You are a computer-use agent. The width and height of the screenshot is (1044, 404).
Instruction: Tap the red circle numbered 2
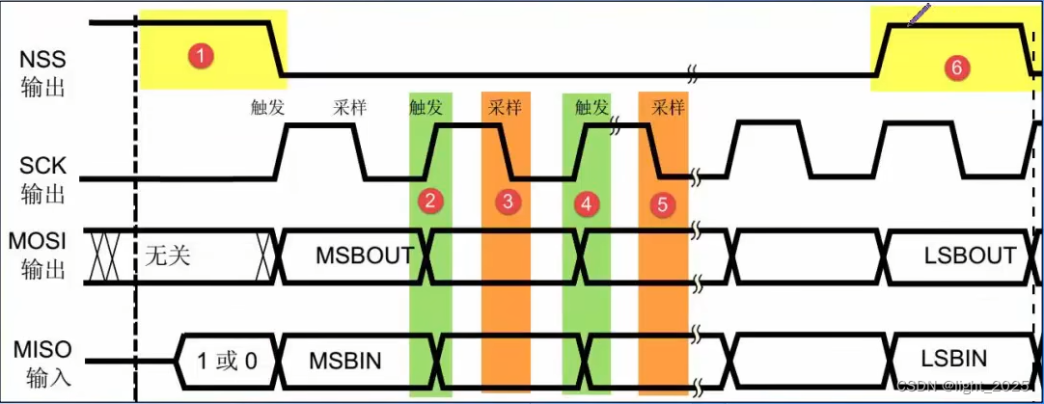coord(430,202)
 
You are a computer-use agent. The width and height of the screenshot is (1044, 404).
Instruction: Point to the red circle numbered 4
coord(585,203)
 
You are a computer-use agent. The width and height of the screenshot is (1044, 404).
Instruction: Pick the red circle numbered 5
coord(661,204)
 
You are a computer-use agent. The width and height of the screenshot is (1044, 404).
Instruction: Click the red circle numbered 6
coord(955,67)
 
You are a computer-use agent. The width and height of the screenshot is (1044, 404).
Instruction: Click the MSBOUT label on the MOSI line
coord(365,256)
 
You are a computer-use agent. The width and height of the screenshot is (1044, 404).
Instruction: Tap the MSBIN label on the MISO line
coord(344,362)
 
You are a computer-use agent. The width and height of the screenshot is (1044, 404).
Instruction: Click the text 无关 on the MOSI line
coord(170,256)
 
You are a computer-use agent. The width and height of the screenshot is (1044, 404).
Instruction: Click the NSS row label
coord(43,72)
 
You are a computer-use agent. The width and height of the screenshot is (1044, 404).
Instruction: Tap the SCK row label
coord(43,178)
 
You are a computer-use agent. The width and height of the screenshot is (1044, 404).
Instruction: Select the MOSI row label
coord(43,254)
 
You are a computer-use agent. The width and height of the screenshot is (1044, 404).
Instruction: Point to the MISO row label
coord(43,361)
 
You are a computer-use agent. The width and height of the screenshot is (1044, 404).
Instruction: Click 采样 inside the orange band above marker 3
coord(506,108)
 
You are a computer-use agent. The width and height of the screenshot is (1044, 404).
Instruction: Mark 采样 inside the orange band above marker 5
coord(668,107)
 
